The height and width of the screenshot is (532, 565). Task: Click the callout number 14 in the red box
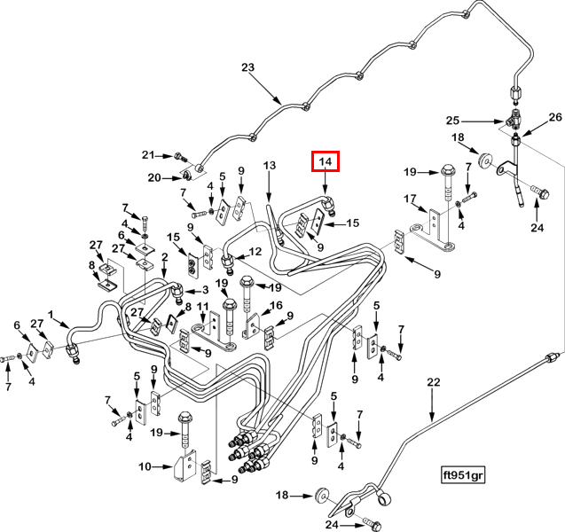pyautogui.click(x=326, y=161)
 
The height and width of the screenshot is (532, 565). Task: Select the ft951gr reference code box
pyautogui.click(x=463, y=475)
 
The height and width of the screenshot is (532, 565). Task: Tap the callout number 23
pyautogui.click(x=248, y=67)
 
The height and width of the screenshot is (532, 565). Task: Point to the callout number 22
pyautogui.click(x=434, y=382)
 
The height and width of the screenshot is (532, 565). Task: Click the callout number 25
pyautogui.click(x=453, y=121)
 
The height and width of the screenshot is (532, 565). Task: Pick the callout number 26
pyautogui.click(x=555, y=117)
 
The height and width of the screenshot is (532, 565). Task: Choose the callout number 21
pyautogui.click(x=148, y=155)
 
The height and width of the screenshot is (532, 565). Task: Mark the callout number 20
pyautogui.click(x=154, y=177)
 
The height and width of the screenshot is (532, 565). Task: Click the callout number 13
pyautogui.click(x=270, y=165)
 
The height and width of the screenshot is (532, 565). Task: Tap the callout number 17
pyautogui.click(x=410, y=199)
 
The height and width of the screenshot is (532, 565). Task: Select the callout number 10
pyautogui.click(x=145, y=466)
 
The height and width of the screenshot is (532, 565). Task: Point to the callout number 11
pyautogui.click(x=203, y=307)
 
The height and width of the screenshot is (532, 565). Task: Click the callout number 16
pyautogui.click(x=277, y=305)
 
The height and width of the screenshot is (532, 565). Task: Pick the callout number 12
pyautogui.click(x=255, y=252)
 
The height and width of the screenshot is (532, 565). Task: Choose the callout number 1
pyautogui.click(x=51, y=315)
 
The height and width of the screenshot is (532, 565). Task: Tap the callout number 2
pyautogui.click(x=165, y=257)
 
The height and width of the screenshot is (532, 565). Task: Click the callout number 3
pyautogui.click(x=206, y=290)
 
